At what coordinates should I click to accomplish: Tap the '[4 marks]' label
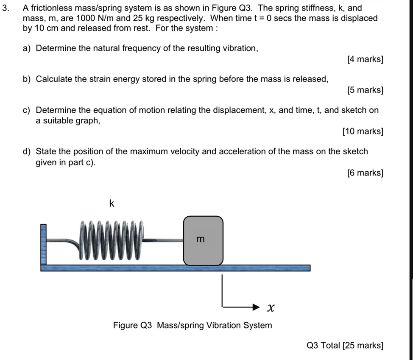(x=365, y=59)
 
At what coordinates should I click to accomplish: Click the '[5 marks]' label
(x=365, y=90)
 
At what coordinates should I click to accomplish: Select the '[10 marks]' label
(x=363, y=131)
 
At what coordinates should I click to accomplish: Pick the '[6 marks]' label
(x=365, y=173)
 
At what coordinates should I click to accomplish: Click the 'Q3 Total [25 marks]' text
(x=345, y=346)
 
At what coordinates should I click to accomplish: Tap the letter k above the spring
(x=112, y=204)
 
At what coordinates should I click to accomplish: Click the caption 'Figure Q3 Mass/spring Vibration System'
(x=192, y=325)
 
